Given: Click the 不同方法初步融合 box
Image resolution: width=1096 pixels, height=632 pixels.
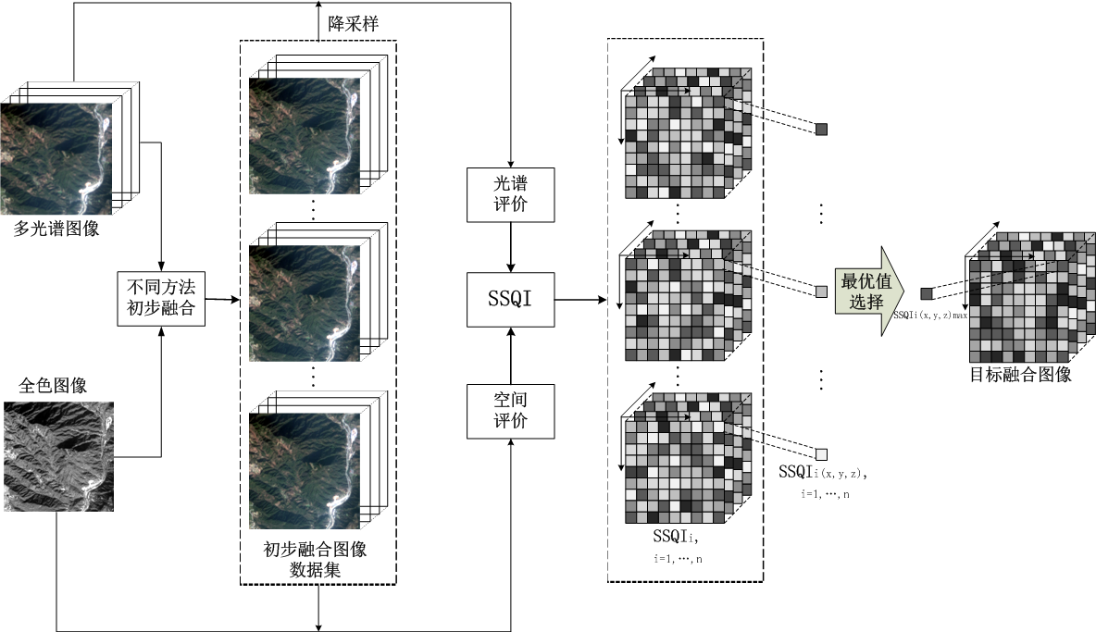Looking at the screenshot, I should click(x=160, y=298).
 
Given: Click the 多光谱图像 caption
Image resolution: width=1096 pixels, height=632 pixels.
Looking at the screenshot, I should click(x=56, y=228).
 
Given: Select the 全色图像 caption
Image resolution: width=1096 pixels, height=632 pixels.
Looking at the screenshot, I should click(x=53, y=383).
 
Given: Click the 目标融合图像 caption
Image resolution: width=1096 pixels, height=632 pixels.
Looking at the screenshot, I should click(x=1020, y=375).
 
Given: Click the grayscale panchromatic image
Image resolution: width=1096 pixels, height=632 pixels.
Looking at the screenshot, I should click(x=58, y=455).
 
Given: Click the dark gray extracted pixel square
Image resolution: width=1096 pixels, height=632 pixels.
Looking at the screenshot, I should click(x=820, y=130).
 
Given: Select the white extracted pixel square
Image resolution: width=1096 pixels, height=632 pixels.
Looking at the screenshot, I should click(x=820, y=453).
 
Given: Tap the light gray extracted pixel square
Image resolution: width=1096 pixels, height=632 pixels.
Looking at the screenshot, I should click(x=820, y=291).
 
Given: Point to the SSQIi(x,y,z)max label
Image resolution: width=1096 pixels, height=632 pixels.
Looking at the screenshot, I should click(x=930, y=316).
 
